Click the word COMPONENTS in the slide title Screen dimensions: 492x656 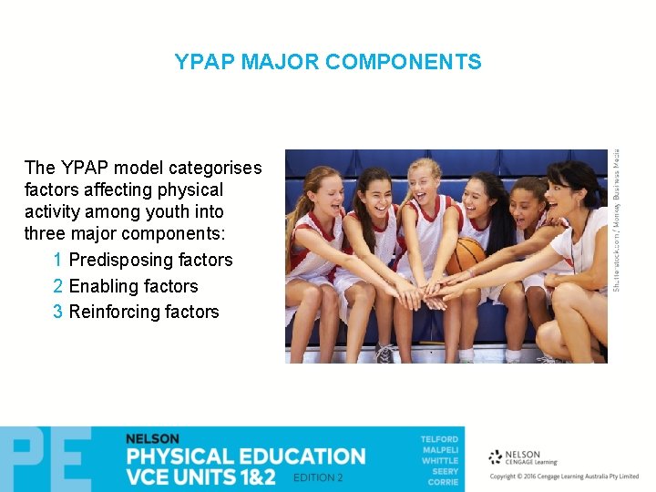403,62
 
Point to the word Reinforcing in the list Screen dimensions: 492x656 116,312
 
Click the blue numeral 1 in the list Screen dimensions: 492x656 58,260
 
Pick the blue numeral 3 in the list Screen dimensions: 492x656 58,312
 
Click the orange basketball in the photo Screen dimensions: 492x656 466,255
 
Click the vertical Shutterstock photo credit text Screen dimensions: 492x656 617,219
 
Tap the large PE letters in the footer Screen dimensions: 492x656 46,459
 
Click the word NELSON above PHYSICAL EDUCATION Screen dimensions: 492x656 152,439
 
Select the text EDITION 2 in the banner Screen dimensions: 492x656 318,477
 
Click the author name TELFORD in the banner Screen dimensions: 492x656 439,439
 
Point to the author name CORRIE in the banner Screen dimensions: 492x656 443,482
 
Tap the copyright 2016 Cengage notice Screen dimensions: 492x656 564,477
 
